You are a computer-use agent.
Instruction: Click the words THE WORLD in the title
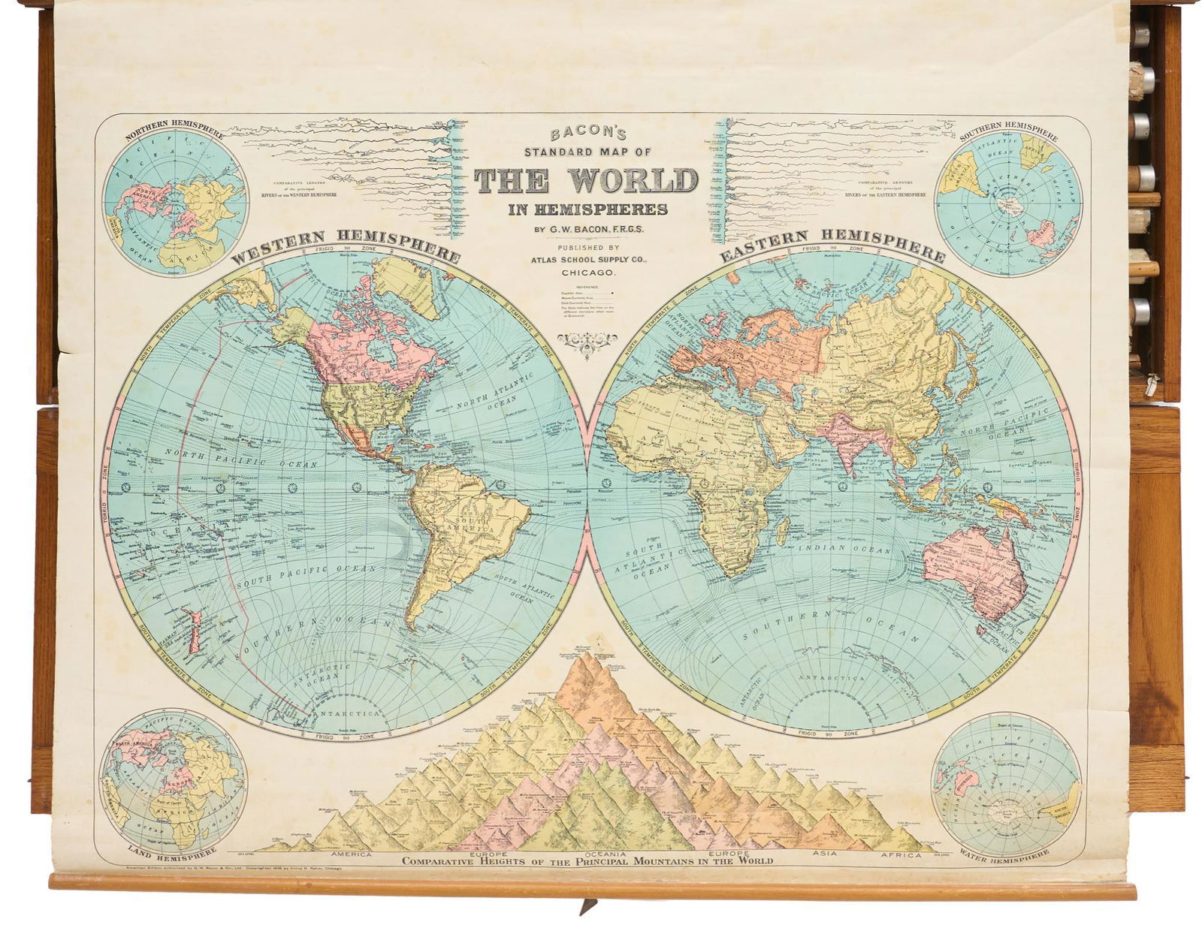585,181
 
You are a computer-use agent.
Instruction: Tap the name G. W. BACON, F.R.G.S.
585,229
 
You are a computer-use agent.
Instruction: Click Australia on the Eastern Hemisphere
969,571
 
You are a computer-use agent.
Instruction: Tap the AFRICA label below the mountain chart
901,854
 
